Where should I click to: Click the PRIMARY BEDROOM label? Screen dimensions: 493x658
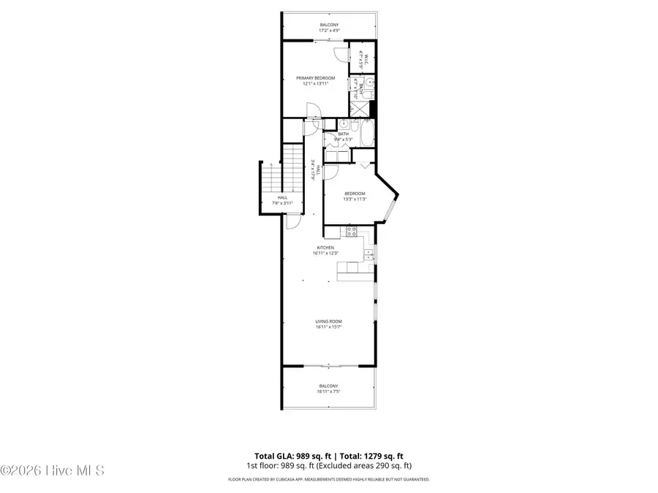(315, 78)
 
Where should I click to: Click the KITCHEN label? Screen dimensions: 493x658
(325, 248)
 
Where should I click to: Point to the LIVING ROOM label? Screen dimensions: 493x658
(328, 321)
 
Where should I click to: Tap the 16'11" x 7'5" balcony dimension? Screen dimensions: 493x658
(328, 391)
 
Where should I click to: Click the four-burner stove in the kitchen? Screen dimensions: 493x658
(350, 232)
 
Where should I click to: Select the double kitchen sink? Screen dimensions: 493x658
(369, 255)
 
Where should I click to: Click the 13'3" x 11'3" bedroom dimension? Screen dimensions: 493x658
(354, 199)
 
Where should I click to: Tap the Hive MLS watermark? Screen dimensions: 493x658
(53, 470)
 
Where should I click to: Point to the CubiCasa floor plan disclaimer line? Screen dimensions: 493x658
(328, 480)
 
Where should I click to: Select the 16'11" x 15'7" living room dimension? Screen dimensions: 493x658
(328, 327)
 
